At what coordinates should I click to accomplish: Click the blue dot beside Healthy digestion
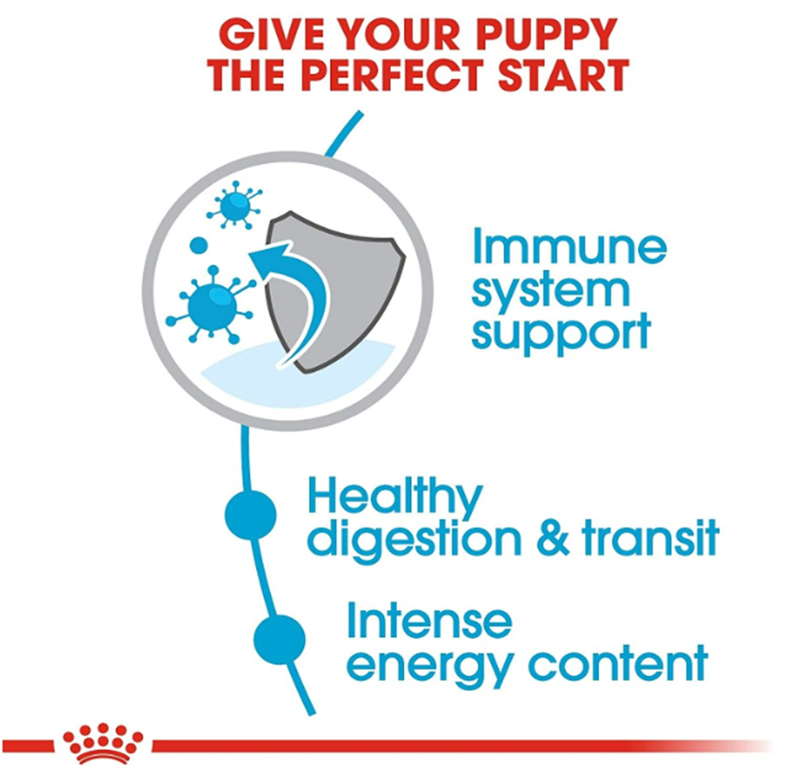coord(250,514)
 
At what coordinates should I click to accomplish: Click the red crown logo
coord(103,746)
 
